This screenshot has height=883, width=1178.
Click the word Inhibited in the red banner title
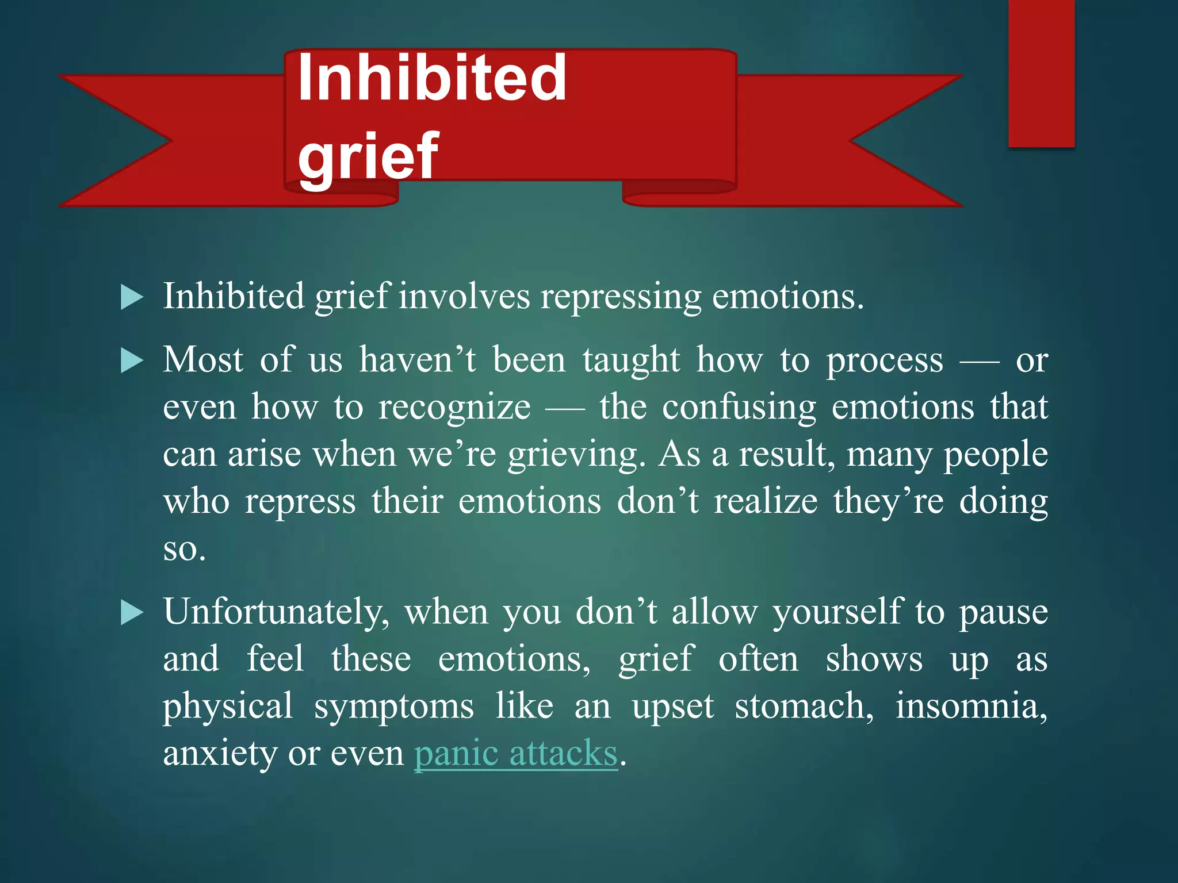[x=432, y=79]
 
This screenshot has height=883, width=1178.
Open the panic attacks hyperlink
[x=515, y=753]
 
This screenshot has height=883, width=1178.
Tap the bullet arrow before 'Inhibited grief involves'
[x=132, y=298]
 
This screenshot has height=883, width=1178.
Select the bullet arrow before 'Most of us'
[x=132, y=362]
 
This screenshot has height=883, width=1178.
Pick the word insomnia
[x=971, y=707]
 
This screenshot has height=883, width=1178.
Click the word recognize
[x=454, y=408]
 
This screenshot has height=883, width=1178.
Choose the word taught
[x=631, y=360]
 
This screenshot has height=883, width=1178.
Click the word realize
[x=766, y=502]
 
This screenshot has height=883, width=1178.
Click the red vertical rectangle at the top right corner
[x=1041, y=73]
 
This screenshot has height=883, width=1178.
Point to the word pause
[x=1003, y=612]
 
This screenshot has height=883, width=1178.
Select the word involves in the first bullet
[x=465, y=297]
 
